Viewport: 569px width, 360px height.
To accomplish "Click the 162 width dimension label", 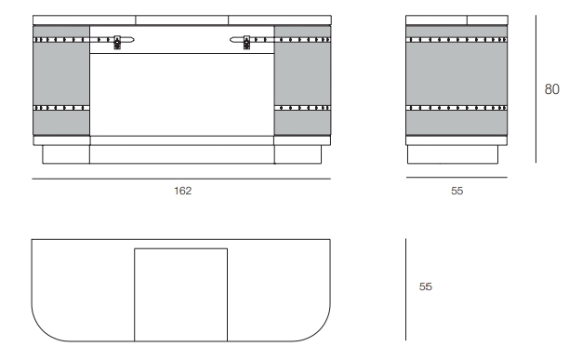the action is pyautogui.click(x=182, y=191).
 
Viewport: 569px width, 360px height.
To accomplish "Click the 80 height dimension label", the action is pyautogui.click(x=551, y=89).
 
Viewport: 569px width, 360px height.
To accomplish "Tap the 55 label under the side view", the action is pyautogui.click(x=457, y=191).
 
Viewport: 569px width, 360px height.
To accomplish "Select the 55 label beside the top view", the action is pyautogui.click(x=425, y=287).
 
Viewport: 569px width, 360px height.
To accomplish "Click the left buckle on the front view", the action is pyautogui.click(x=117, y=42).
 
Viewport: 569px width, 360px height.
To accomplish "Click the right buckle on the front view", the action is pyautogui.click(x=246, y=42).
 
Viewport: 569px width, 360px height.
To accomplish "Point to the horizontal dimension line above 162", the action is pyautogui.click(x=181, y=179).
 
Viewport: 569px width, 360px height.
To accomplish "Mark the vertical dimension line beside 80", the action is pyautogui.click(x=536, y=89).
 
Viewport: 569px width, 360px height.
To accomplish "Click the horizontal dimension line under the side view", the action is pyautogui.click(x=457, y=178).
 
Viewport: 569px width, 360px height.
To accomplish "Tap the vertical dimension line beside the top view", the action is pyautogui.click(x=405, y=289).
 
